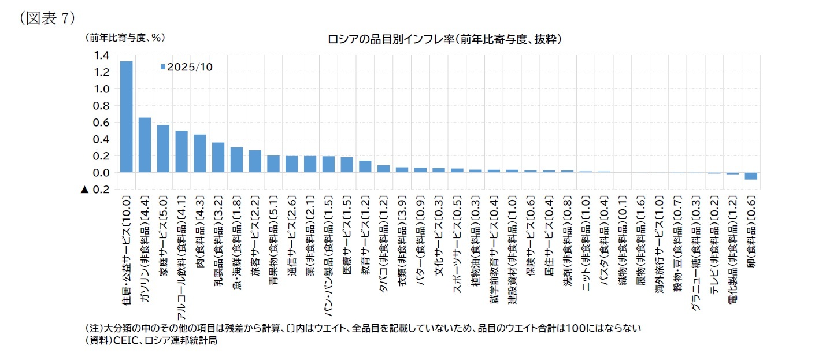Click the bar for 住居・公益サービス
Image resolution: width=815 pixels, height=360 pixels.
pyautogui.click(x=126, y=117)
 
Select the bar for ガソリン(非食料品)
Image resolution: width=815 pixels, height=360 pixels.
pyautogui.click(x=145, y=145)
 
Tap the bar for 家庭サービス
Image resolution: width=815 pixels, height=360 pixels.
pyautogui.click(x=163, y=149)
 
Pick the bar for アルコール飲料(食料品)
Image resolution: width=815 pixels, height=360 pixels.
pyautogui.click(x=181, y=151)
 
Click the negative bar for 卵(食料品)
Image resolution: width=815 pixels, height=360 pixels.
pyautogui.click(x=751, y=176)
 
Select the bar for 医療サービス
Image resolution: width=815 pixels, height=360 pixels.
pyautogui.click(x=347, y=165)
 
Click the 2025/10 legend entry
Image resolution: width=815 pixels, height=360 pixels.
pyautogui.click(x=186, y=67)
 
